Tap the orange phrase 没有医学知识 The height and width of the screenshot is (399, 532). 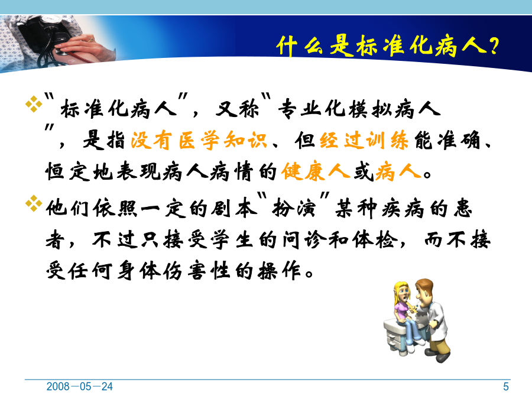pyautogui.click(x=199, y=140)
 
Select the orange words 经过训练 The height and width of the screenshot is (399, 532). pyautogui.click(x=364, y=140)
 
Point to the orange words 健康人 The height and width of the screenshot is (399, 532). pyautogui.click(x=315, y=171)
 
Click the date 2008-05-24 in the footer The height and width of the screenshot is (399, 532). pyautogui.click(x=79, y=387)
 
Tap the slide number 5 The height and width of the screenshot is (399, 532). pyautogui.click(x=506, y=387)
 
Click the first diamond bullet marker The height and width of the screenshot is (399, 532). pyautogui.click(x=34, y=104)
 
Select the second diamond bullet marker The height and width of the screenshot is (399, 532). pyautogui.click(x=34, y=203)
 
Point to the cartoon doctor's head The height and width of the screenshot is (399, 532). pyautogui.click(x=423, y=290)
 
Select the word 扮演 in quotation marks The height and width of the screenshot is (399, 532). pyautogui.click(x=294, y=208)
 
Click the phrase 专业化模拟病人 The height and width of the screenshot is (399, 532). pyautogui.click(x=359, y=109)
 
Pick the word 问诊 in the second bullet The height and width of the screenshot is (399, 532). pyautogui.click(x=304, y=240)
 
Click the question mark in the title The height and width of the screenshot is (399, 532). pyautogui.click(x=494, y=46)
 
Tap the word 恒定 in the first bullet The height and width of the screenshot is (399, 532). pyautogui.click(x=68, y=171)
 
